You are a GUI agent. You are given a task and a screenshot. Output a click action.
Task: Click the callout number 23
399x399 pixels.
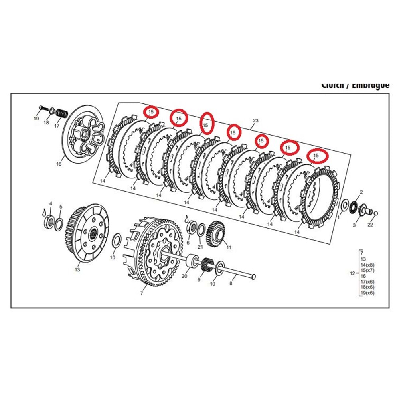256,120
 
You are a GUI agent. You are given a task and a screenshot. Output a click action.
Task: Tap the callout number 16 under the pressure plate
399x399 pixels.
59,164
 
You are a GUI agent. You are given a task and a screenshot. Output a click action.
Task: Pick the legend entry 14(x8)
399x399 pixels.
367,265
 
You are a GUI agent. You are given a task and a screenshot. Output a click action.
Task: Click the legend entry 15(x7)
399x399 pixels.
367,271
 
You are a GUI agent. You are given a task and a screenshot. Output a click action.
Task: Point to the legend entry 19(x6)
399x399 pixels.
367,293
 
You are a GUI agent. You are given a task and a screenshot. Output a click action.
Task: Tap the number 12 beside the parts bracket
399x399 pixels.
352,273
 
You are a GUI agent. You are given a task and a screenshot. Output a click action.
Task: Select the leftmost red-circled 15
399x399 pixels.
151,112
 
